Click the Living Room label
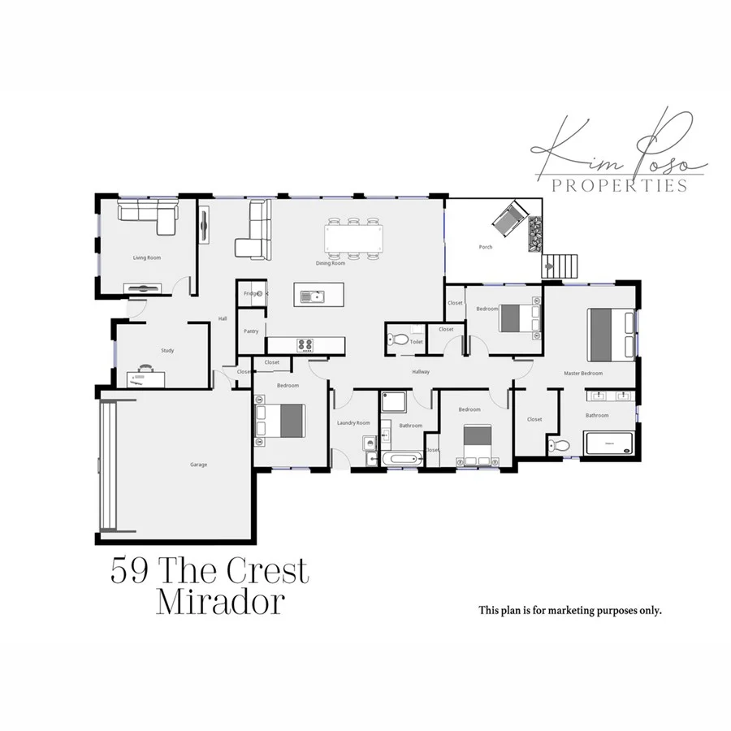pyautogui.click(x=147, y=257)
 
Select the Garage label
pyautogui.click(x=198, y=465)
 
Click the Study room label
pyautogui.click(x=167, y=350)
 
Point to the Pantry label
pyautogui.click(x=251, y=331)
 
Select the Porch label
pyautogui.click(x=486, y=247)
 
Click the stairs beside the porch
pyautogui.click(x=561, y=265)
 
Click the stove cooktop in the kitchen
pyautogui.click(x=305, y=345)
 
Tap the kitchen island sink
pyautogui.click(x=309, y=296)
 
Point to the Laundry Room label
pyautogui.click(x=353, y=422)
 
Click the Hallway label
pyautogui.click(x=420, y=372)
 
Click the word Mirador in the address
pyautogui.click(x=221, y=603)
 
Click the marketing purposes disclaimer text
pyautogui.click(x=570, y=610)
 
